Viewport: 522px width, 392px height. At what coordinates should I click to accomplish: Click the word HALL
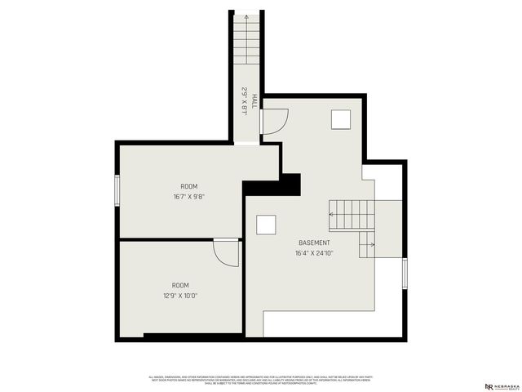pos(254,100)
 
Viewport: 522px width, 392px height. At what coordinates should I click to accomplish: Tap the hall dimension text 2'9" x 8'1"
pos(243,100)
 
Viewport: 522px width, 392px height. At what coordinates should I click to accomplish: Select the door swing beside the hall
pos(272,122)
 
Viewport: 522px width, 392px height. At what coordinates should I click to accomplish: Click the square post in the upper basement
pos(341,119)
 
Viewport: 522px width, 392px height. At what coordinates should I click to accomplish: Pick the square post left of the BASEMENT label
pos(266,225)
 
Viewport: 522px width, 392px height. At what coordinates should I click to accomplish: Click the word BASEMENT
pos(314,243)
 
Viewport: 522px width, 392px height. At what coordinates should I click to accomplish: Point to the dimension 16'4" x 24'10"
pos(314,253)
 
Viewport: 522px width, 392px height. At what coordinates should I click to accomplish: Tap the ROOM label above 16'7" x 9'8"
pos(188,187)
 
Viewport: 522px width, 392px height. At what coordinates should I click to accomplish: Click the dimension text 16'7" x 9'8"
pos(188,197)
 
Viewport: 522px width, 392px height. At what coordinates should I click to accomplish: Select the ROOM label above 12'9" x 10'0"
pos(179,285)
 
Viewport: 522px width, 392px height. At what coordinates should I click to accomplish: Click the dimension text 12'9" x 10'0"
pos(179,296)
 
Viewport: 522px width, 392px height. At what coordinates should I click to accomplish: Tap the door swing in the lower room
pos(226,252)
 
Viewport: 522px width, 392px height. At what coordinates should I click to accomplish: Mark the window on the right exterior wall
pos(405,273)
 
